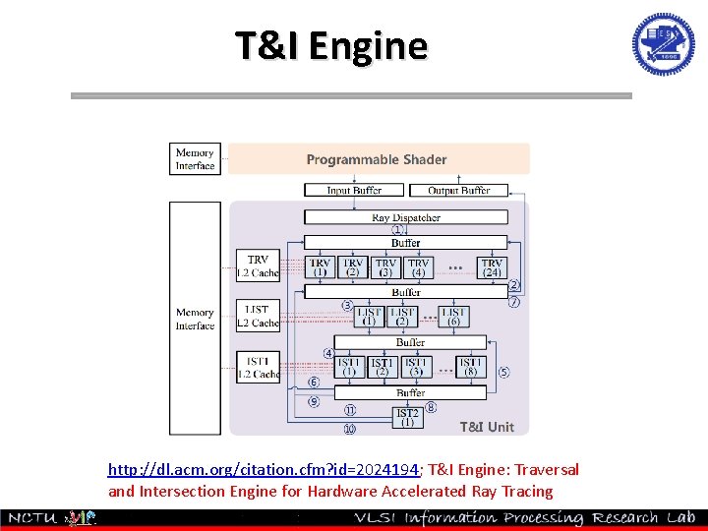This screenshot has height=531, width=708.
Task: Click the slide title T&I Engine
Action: pyautogui.click(x=331, y=45)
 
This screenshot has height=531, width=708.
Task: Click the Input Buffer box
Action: pyautogui.click(x=354, y=190)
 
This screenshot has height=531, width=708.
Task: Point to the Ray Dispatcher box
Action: pyautogui.click(x=405, y=216)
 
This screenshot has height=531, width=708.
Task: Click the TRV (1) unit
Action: pyautogui.click(x=321, y=266)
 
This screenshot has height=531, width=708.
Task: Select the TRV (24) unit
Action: pyautogui.click(x=492, y=266)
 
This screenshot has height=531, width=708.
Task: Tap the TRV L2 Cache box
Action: pyautogui.click(x=258, y=265)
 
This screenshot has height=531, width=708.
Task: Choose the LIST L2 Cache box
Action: pyautogui.click(x=258, y=316)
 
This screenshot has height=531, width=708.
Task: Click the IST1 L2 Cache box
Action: pyautogui.click(x=258, y=367)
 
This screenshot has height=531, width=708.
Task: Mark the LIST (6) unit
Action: pyautogui.click(x=453, y=316)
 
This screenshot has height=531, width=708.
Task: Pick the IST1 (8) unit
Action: pyautogui.click(x=471, y=367)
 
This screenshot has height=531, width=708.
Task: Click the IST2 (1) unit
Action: pyautogui.click(x=407, y=417)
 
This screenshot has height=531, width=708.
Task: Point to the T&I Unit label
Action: pyautogui.click(x=487, y=427)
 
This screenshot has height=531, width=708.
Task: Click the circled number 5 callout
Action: pyautogui.click(x=503, y=372)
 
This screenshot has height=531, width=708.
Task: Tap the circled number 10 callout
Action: pyautogui.click(x=349, y=429)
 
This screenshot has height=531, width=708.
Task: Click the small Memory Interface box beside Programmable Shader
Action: pyautogui.click(x=195, y=159)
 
